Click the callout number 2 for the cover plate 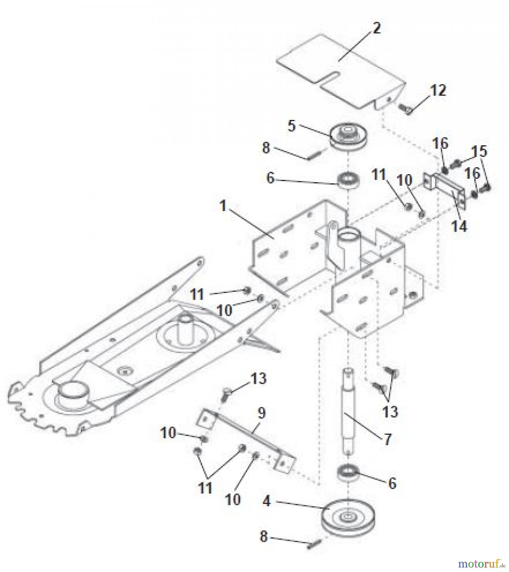[376, 29]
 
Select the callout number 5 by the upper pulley [291, 126]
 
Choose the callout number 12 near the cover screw [438, 91]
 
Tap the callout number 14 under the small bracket [459, 227]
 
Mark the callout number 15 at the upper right [479, 151]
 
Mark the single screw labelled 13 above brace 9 [226, 394]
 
